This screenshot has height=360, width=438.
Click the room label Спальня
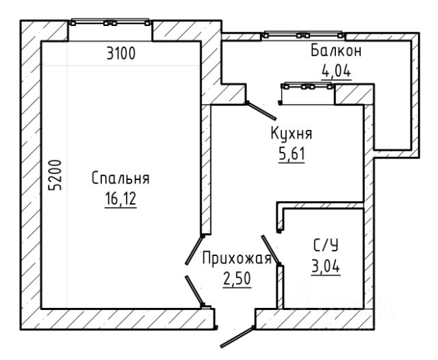120,178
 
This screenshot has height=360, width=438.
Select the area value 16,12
120,199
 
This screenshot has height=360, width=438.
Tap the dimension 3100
121,53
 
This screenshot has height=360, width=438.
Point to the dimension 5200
55,175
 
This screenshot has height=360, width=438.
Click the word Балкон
336,51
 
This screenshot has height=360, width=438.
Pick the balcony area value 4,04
336,72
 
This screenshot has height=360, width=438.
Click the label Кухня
292,133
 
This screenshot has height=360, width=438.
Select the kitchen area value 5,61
292,154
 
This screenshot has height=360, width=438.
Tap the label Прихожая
237,258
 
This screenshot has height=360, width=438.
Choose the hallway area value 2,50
237,279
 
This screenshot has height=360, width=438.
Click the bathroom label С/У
326,246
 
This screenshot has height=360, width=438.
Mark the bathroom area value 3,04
326,266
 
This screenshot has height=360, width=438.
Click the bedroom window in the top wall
110,23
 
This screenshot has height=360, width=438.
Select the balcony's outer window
303,35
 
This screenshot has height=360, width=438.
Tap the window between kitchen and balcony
307,86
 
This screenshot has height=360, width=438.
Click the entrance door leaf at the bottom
237,337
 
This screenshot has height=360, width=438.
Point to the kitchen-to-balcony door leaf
261,111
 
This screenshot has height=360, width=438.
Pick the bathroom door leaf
270,250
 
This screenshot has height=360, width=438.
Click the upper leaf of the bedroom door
194,250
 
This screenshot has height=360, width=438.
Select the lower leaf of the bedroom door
194,290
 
